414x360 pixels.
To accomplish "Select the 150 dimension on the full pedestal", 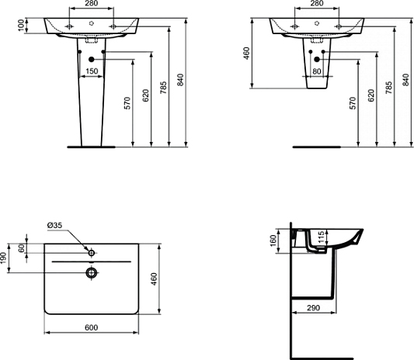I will [92, 71].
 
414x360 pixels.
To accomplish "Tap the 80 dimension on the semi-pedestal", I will [316, 72].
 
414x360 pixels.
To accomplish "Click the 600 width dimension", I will [91, 328].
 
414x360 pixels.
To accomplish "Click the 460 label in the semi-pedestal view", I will [246, 54].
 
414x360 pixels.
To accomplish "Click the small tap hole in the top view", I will [91, 253].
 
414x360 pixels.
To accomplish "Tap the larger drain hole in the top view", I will [91, 272].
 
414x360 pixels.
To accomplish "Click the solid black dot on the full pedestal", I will [92, 60].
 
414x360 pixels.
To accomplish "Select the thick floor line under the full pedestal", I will [91, 145].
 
